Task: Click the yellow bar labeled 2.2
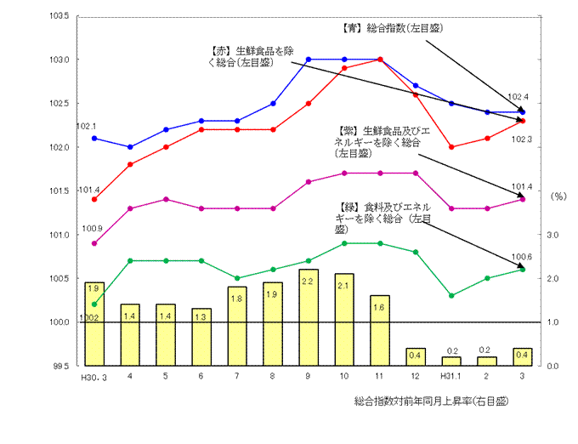[309, 317]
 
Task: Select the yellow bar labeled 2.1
[344, 320]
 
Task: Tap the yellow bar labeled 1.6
[380, 331]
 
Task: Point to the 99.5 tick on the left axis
[60, 367]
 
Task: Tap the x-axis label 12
[415, 376]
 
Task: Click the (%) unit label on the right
[558, 196]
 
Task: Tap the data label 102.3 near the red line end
[520, 138]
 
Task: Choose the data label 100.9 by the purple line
[92, 229]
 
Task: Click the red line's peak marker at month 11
[380, 60]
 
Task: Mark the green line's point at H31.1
[451, 296]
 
